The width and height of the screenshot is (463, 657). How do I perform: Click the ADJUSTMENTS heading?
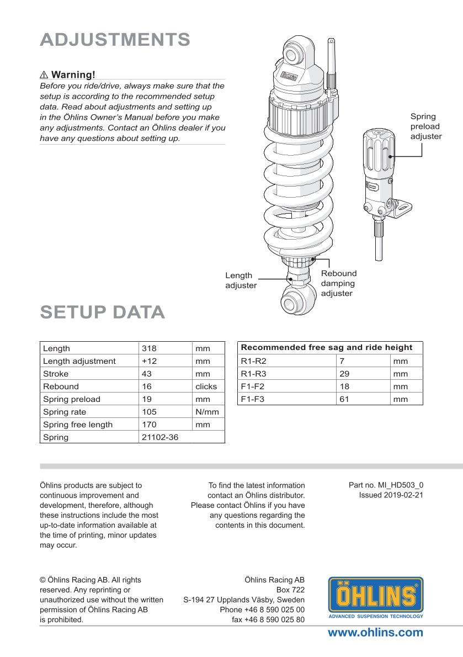pyautogui.click(x=115, y=40)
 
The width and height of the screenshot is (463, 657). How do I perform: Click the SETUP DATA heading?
pyautogui.click(x=103, y=312)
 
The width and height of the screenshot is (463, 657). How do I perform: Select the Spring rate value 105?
pyautogui.click(x=150, y=412)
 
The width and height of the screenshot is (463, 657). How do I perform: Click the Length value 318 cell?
pyautogui.click(x=150, y=348)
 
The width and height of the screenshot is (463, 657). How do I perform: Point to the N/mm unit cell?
pyautogui.click(x=207, y=412)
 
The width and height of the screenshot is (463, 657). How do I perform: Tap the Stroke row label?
pyautogui.click(x=56, y=374)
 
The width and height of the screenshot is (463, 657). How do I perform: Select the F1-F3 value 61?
pyautogui.click(x=344, y=399)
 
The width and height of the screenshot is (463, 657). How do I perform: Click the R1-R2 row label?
pyautogui.click(x=253, y=361)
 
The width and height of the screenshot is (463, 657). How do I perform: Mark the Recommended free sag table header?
pyautogui.click(x=327, y=347)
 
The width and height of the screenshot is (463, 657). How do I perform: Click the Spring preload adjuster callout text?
pyautogui.click(x=425, y=126)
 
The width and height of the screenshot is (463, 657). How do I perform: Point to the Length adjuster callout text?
pyautogui.click(x=241, y=280)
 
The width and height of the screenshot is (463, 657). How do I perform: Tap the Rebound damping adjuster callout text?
pyautogui.click(x=339, y=283)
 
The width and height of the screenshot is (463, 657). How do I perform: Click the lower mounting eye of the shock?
pyautogui.click(x=292, y=303)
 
